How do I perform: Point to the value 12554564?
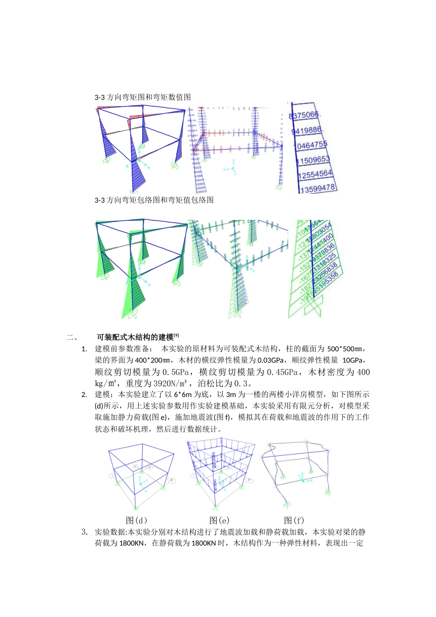click(314, 174)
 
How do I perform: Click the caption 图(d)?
click(137, 520)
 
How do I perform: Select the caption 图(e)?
click(219, 520)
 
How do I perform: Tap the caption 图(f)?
click(294, 520)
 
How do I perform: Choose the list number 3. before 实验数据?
click(84, 533)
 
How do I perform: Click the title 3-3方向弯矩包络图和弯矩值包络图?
click(154, 200)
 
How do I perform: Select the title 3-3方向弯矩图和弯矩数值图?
click(143, 97)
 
